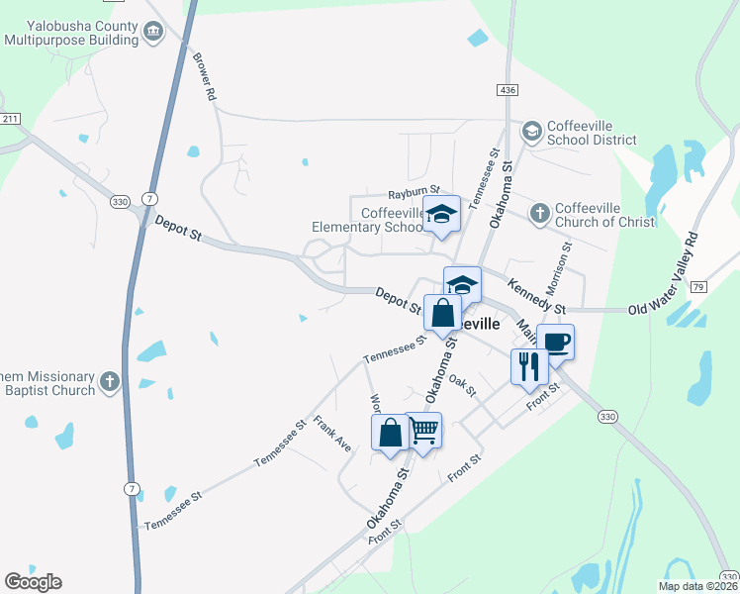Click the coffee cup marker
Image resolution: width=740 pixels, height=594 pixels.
(555, 343)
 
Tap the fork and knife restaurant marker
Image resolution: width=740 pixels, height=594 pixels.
(528, 366)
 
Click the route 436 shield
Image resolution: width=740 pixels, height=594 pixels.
(508, 90)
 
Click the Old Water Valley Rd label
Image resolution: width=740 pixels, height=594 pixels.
(664, 276)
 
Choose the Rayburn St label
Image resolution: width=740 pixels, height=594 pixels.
(413, 194)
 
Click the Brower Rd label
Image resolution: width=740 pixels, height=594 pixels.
(205, 77)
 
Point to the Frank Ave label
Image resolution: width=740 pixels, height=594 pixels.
(332, 434)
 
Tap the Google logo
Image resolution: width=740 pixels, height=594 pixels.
(33, 582)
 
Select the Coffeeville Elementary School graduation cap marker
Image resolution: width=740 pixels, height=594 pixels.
(442, 213)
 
